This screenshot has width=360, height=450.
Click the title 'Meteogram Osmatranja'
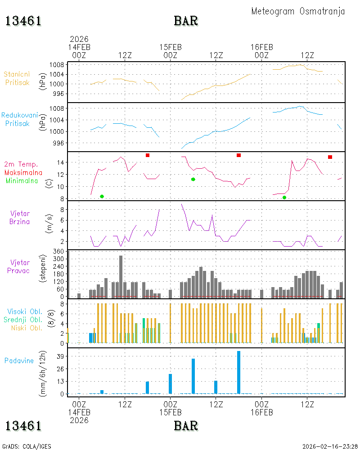click(298, 12)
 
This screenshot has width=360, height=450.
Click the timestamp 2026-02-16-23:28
click(329, 446)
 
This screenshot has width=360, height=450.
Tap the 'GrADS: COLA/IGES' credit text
click(27, 446)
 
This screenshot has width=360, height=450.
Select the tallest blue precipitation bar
click(238, 372)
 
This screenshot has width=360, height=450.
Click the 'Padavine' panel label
click(19, 361)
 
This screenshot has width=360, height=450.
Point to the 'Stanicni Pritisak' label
click(17, 78)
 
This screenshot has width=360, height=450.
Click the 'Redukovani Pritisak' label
click(19, 119)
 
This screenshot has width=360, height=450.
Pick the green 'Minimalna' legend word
click(22, 181)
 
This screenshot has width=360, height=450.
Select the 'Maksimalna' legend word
click(23, 172)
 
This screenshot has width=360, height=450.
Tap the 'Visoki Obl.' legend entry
click(25, 311)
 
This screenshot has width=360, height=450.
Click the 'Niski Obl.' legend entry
click(27, 328)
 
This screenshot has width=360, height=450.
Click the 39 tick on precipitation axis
click(60, 356)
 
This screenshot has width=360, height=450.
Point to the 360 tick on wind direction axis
click(58, 252)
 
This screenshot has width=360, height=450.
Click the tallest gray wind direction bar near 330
click(121, 276)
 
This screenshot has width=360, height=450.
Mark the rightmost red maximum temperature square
click(330, 157)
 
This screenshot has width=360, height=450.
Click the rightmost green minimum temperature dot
click(284, 198)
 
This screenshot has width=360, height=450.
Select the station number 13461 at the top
click(23, 21)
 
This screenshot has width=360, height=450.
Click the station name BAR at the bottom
click(186, 426)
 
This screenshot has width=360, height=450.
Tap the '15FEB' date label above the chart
click(171, 47)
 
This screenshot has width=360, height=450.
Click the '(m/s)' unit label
click(49, 224)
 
